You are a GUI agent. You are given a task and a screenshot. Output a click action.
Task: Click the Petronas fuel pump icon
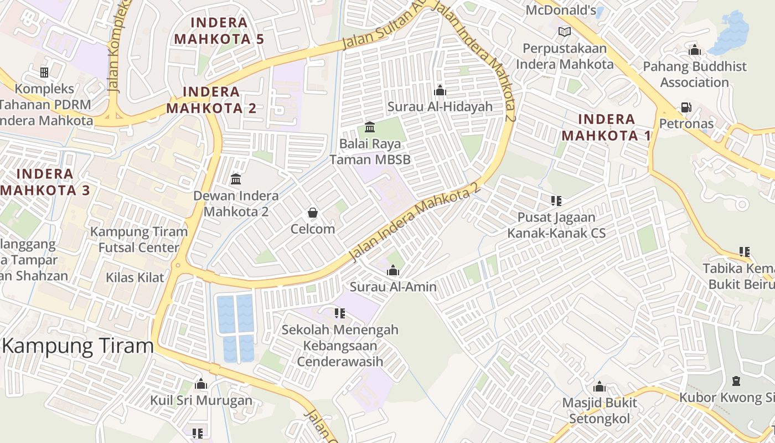click(686, 107)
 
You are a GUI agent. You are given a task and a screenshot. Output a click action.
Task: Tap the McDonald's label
click(560, 10)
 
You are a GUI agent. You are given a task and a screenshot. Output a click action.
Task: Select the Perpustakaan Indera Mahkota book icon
click(564, 32)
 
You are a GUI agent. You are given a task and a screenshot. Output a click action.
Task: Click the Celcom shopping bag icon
click(313, 213)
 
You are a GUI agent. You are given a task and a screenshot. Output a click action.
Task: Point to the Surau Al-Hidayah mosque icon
click(440, 90)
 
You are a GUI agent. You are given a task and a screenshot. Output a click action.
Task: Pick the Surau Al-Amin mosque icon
click(393, 270)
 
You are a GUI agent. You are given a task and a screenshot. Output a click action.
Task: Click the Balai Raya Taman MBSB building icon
click(370, 127)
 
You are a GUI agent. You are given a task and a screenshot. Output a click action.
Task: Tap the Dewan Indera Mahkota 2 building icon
click(236, 179)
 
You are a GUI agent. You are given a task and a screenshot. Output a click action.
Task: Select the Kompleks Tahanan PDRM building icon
click(44, 72)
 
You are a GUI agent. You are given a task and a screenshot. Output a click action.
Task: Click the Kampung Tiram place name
click(78, 346)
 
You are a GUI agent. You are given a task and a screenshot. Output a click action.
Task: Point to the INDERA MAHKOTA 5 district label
click(219, 31)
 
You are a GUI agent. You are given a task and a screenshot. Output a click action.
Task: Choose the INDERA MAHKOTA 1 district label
click(606, 127)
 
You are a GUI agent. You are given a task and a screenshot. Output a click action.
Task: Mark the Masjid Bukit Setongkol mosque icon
click(600, 387)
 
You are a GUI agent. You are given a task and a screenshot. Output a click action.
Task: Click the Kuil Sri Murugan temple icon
click(201, 384)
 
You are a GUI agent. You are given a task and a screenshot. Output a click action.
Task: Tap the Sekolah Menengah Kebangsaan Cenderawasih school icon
click(340, 313)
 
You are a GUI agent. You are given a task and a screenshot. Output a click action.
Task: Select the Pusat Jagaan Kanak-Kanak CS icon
click(556, 200)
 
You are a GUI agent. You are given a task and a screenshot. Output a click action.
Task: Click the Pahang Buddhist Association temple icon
click(695, 50)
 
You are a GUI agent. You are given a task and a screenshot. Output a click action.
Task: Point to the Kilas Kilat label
click(136, 277)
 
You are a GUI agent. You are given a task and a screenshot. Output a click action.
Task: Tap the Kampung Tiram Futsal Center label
click(139, 239)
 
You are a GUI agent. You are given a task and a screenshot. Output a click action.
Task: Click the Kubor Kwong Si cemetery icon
click(736, 381)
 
